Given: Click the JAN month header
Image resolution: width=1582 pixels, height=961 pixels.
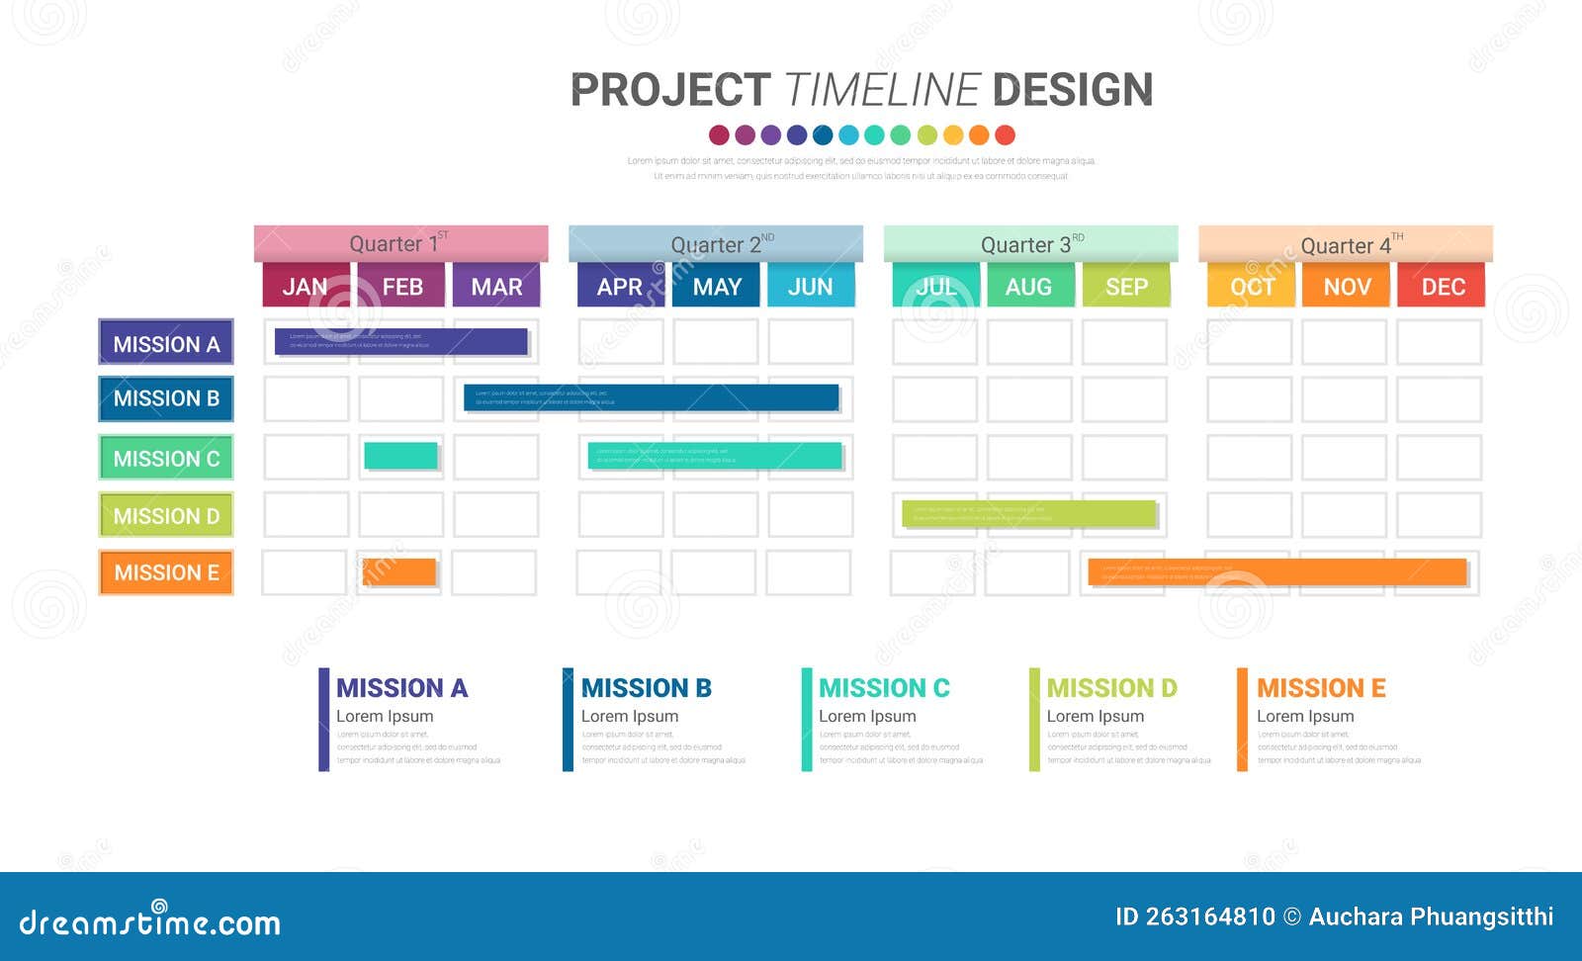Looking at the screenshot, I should coord(305,286).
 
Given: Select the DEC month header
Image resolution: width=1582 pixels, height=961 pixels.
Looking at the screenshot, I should coord(1442,286).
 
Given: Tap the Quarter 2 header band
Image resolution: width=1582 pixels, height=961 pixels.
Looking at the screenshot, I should coord(715,244).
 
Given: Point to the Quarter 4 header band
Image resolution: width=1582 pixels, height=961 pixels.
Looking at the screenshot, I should coord(1345,244).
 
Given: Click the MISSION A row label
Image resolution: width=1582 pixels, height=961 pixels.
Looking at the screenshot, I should coord(166,343).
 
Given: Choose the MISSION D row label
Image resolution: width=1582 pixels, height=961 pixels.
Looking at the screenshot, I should coord(166,515).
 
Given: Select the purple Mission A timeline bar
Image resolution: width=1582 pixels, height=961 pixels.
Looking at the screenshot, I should coord(400,341).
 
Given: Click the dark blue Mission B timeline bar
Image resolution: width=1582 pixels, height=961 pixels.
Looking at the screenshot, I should coord(651,397).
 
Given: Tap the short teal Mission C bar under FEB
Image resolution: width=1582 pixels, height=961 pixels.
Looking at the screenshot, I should coord(400,456).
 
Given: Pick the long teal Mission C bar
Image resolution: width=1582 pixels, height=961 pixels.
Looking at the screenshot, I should coord(715,456).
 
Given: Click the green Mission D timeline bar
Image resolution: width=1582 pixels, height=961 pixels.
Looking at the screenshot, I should coord(1028,514).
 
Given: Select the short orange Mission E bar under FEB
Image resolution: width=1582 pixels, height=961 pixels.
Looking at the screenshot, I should coord(399,571).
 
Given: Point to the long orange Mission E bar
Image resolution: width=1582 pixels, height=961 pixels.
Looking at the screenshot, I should coord(1276,571).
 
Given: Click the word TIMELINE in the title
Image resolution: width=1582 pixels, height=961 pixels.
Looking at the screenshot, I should coord(881,90).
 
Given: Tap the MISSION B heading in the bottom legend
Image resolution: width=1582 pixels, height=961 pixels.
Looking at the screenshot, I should coord(646,687).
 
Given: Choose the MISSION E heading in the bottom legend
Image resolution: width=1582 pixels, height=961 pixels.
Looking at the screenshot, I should coord(1321,687).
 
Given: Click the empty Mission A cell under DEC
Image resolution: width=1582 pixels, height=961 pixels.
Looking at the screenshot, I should coord(1439,342).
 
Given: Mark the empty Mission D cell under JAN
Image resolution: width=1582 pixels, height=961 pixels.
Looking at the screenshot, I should coord(307,515).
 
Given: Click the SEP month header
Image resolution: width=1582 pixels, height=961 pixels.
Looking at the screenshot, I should coord(1125,286).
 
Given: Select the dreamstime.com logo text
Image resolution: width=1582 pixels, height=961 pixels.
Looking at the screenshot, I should coord(150,921).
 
